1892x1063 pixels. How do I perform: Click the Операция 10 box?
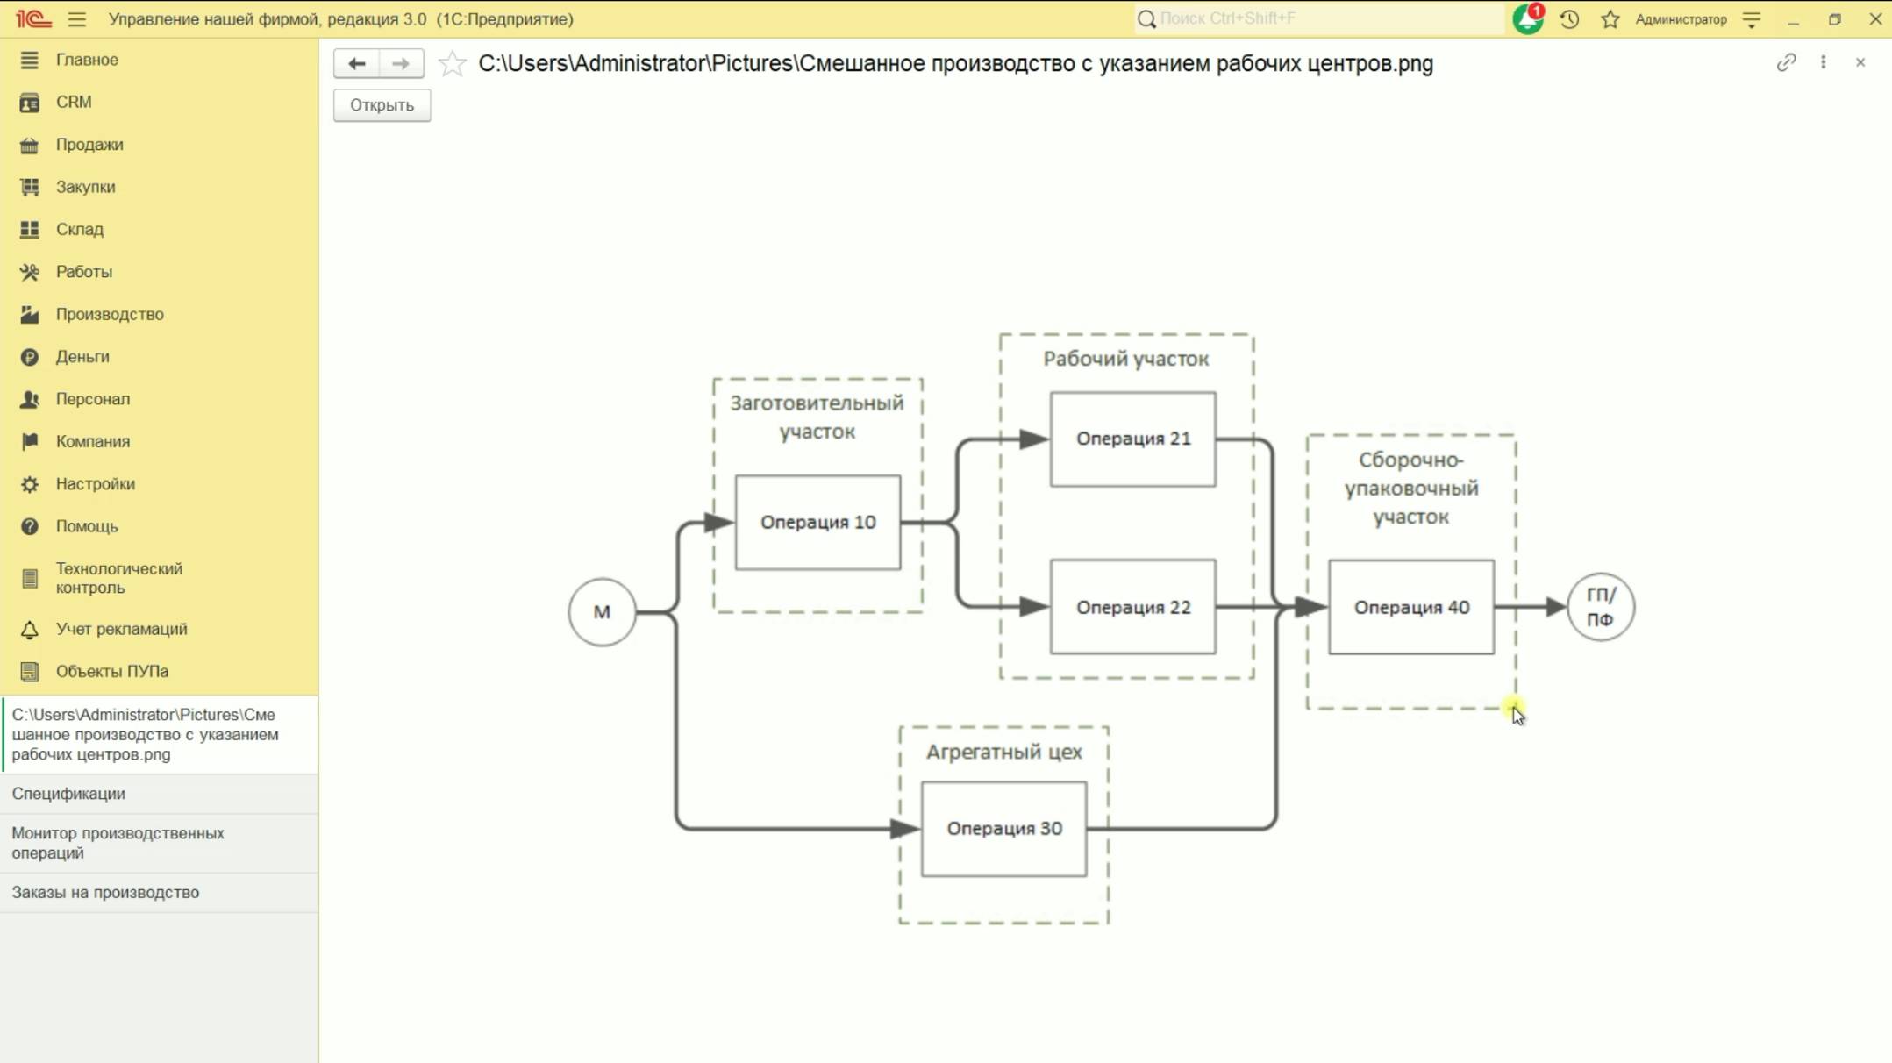(817, 523)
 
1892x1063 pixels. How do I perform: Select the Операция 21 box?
(1132, 439)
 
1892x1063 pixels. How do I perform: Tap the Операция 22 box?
(1132, 607)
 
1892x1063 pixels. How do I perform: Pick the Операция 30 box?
(1003, 829)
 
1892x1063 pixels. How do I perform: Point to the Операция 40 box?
(1410, 607)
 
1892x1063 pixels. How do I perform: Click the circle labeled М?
(602, 612)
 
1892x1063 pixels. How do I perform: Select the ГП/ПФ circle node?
(1600, 607)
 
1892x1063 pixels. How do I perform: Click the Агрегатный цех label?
(1003, 752)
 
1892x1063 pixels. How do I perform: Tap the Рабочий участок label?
(1125, 359)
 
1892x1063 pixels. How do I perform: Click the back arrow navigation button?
(356, 63)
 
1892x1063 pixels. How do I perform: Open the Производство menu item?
(109, 314)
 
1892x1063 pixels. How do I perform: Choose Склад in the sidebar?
(79, 229)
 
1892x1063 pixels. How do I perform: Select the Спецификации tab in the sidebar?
(68, 794)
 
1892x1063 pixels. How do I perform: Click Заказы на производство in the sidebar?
(105, 892)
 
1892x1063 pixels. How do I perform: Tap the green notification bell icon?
(1527, 19)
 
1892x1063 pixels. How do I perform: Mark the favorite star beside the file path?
(452, 63)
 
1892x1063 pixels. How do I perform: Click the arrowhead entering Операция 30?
(903, 829)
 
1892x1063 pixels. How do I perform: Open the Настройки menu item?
(95, 483)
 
